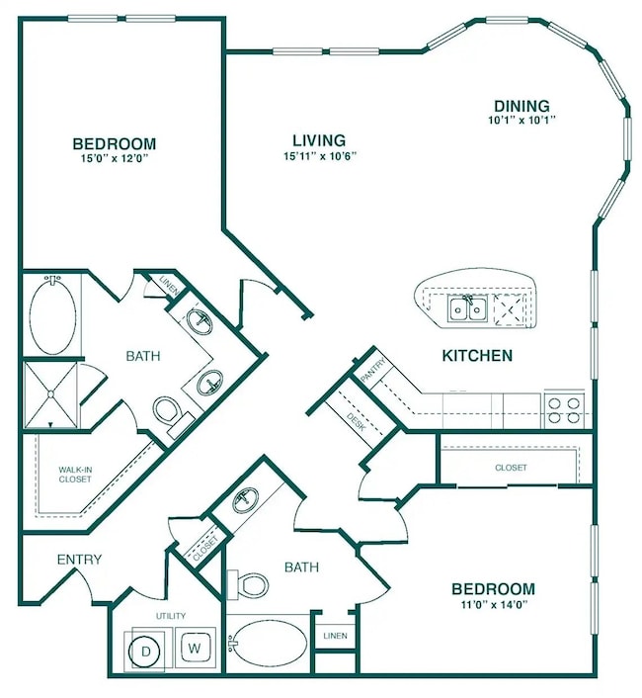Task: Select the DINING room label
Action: click(522, 106)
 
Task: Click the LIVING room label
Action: click(318, 139)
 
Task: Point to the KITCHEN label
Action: click(476, 355)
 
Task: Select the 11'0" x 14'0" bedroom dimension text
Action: click(494, 605)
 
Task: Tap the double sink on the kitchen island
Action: click(467, 310)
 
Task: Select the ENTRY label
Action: click(79, 559)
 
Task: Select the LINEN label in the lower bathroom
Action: click(334, 636)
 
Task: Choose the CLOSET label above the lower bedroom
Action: click(510, 467)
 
